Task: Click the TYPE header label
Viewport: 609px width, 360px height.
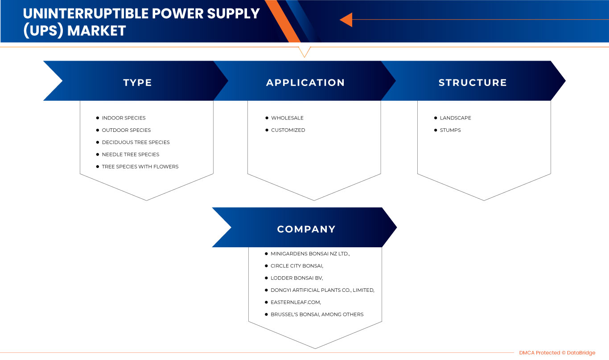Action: [137, 82]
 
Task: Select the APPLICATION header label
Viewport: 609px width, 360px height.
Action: [305, 82]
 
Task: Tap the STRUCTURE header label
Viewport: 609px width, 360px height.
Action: [473, 82]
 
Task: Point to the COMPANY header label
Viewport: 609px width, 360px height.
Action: [306, 229]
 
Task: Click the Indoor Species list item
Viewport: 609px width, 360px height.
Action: [123, 118]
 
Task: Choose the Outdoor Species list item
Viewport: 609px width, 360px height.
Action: [126, 130]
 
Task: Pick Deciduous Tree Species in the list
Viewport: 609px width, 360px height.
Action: [136, 142]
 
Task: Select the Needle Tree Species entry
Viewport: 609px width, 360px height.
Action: [130, 154]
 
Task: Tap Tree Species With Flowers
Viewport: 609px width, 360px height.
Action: [140, 167]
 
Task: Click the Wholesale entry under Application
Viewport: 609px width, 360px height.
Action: [287, 118]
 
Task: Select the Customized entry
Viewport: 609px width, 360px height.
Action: [288, 130]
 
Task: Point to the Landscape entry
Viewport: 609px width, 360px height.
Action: [455, 118]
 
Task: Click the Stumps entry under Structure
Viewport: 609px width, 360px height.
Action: [450, 130]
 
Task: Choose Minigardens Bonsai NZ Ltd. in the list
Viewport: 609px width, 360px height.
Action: [310, 254]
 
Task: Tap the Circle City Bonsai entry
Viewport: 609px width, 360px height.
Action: [297, 266]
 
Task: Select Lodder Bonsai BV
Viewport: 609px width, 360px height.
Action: [296, 278]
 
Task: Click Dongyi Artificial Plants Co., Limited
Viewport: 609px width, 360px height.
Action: [322, 290]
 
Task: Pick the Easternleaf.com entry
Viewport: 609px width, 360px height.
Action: [296, 302]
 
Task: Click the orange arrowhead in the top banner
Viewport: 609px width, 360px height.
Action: [346, 20]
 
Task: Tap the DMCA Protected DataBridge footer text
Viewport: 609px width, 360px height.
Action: [557, 353]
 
